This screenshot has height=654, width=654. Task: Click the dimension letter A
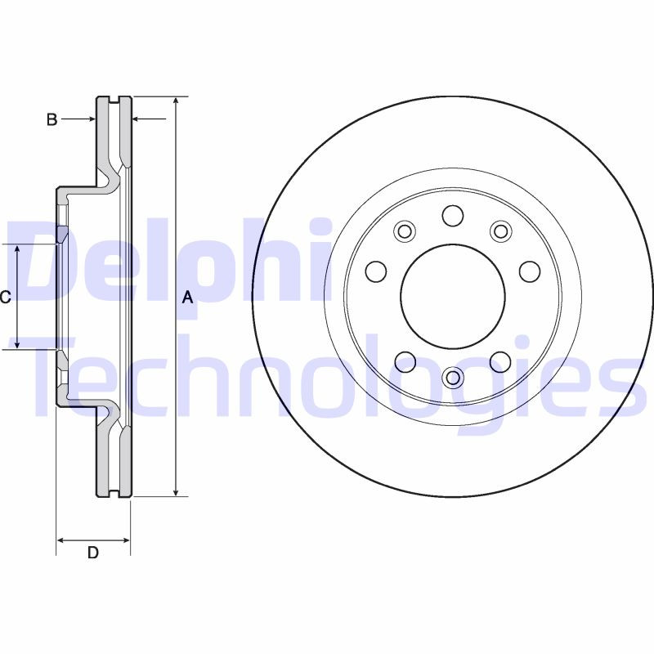tap(187, 298)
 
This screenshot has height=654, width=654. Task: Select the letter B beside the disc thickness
tap(52, 120)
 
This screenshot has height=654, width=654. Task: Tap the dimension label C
tap(5, 298)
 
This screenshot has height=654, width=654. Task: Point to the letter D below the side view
tap(93, 553)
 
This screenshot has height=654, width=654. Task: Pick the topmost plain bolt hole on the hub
tap(452, 216)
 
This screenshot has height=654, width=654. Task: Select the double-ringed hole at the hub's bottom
tap(452, 377)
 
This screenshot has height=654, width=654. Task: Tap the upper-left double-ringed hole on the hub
tap(404, 231)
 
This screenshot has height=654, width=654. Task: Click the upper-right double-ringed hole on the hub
tap(500, 231)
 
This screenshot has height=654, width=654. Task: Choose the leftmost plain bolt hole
tap(375, 271)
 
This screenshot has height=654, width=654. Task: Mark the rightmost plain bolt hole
tap(529, 271)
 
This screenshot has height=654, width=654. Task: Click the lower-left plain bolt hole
tap(405, 361)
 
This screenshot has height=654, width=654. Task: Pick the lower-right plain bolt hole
tap(499, 361)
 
